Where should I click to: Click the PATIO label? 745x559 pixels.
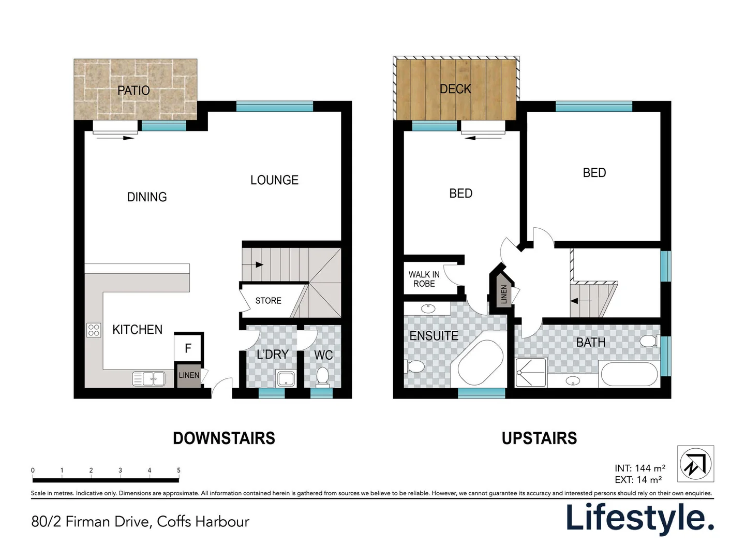(133, 91)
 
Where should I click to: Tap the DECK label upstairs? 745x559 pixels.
(455, 89)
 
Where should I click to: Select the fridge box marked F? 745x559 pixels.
(188, 348)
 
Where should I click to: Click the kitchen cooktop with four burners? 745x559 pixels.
(94, 330)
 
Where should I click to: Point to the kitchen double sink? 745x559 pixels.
(149, 379)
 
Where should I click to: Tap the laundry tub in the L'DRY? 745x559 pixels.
(286, 378)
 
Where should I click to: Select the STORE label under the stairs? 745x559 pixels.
(268, 301)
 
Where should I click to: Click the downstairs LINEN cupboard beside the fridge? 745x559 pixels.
(189, 375)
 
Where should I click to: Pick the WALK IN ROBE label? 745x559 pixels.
(424, 279)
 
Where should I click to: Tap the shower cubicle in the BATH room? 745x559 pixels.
(531, 372)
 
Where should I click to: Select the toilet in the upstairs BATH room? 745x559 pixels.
(649, 342)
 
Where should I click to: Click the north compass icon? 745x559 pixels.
(695, 464)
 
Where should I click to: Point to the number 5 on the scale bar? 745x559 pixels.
(178, 470)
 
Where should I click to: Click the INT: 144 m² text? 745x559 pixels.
(640, 468)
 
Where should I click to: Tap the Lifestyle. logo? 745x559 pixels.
(640, 518)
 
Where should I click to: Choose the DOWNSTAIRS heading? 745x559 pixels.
(224, 438)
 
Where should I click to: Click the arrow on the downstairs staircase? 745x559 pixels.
(259, 265)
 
